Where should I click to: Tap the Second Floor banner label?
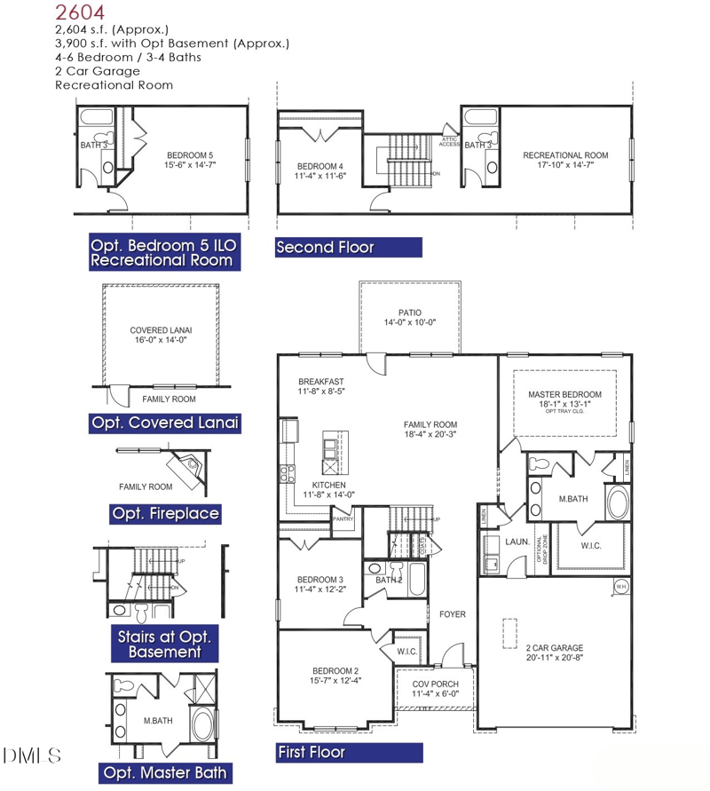[x=325, y=248]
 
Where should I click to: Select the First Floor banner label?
[x=311, y=753]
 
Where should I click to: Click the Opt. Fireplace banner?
[x=166, y=513]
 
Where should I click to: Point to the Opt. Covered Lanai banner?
[x=165, y=423]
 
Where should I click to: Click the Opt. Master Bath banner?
[x=165, y=772]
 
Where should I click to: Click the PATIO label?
[x=409, y=312]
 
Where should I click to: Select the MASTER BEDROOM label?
[x=564, y=394]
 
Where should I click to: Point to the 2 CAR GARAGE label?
[x=554, y=648]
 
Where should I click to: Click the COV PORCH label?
[x=436, y=684]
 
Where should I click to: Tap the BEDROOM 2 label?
[x=335, y=670]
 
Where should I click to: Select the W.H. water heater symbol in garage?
[x=621, y=586]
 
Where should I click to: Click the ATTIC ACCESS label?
[x=449, y=141]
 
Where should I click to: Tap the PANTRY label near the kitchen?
[x=343, y=519]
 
